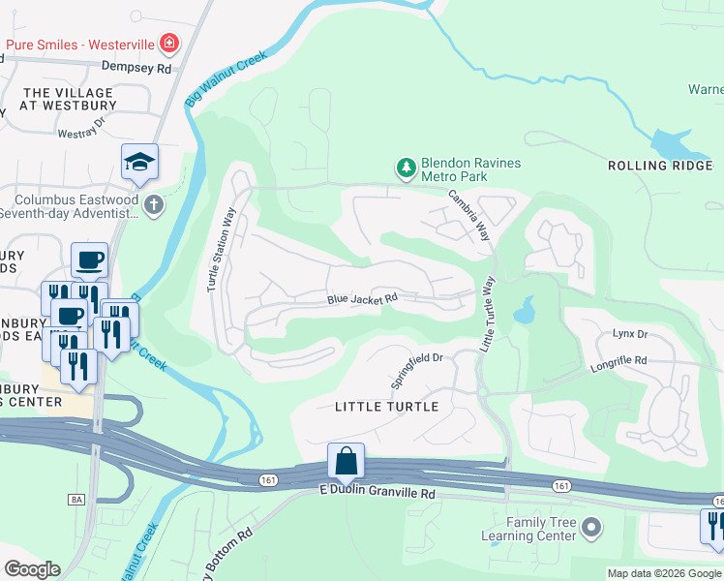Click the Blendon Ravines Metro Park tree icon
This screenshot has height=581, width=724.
(x=406, y=168)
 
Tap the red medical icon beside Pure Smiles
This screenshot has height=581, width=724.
(x=170, y=44)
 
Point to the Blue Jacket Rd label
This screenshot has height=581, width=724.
(x=363, y=300)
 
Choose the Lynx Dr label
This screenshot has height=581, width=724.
(x=630, y=334)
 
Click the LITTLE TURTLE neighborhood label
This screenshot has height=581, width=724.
(x=386, y=407)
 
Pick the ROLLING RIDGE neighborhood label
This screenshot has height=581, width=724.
(x=660, y=167)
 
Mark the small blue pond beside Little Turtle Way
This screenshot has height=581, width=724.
(x=524, y=311)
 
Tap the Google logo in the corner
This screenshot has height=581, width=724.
(x=32, y=569)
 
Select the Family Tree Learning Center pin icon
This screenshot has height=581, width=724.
(x=592, y=529)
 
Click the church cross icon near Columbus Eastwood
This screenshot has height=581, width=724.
(x=153, y=204)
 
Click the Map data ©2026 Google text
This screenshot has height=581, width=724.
(x=663, y=573)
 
